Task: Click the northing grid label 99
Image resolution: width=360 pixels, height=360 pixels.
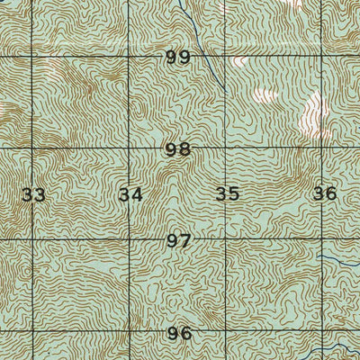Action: (x=178, y=58)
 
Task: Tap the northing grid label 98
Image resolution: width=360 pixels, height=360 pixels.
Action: (x=178, y=149)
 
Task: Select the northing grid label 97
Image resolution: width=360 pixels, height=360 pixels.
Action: (x=178, y=241)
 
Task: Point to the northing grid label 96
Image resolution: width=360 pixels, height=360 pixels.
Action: (x=179, y=334)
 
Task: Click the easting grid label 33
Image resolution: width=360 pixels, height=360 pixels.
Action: (x=33, y=193)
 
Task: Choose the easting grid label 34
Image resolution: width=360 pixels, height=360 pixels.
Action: (x=130, y=193)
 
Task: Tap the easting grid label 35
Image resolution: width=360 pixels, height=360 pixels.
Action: (x=228, y=193)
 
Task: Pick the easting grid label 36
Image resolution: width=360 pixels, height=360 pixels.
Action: (x=324, y=193)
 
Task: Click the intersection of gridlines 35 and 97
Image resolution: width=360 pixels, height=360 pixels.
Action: (x=225, y=240)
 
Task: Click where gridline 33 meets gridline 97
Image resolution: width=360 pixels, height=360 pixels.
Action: (x=34, y=240)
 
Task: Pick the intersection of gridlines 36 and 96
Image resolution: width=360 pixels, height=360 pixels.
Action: (x=322, y=335)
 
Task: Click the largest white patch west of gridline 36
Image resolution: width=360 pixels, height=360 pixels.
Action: (x=311, y=112)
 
